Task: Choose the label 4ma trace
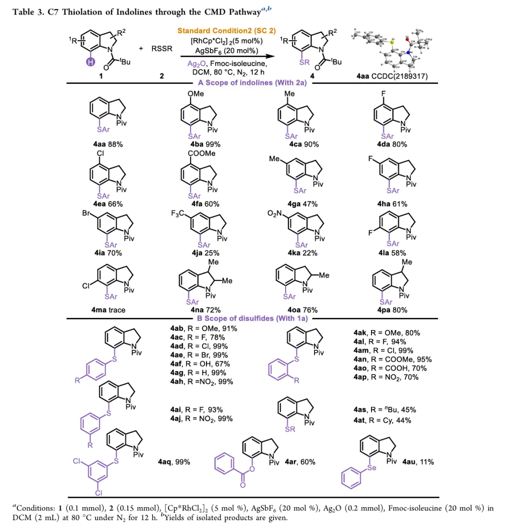[108, 310]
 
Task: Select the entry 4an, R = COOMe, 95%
[392, 359]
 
